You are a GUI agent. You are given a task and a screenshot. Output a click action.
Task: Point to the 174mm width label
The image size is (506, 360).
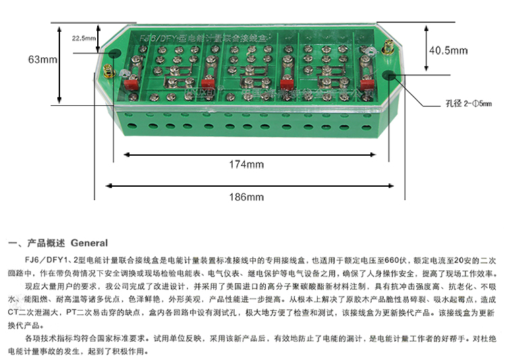point(246,164)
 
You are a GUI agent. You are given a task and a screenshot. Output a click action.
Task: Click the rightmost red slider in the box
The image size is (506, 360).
point(367,85)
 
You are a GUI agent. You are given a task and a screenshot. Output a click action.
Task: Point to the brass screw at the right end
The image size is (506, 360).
point(390,49)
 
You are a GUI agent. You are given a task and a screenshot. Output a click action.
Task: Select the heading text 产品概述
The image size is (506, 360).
point(47,243)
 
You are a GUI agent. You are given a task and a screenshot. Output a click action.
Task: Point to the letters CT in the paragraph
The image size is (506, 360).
point(13,312)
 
